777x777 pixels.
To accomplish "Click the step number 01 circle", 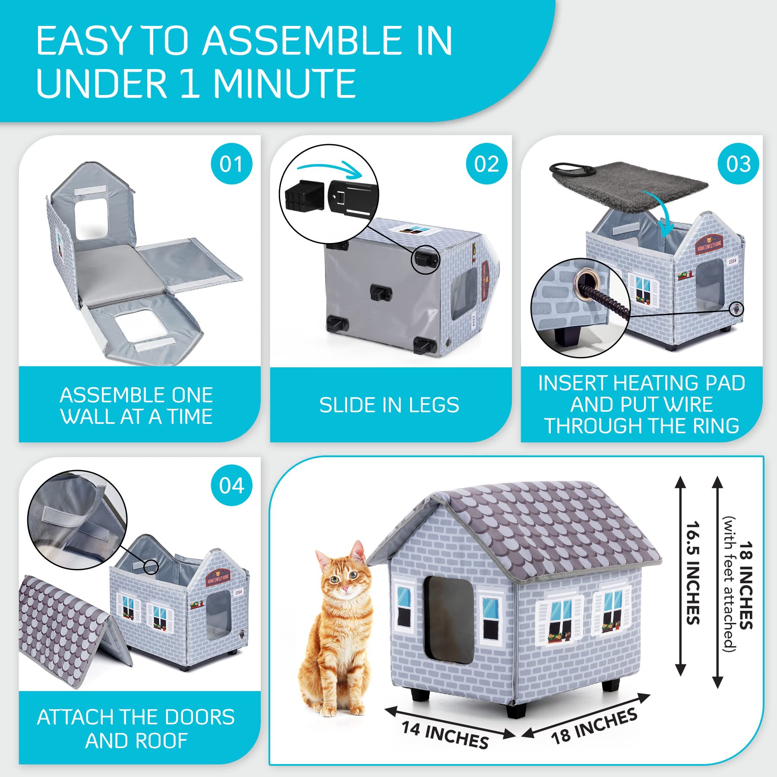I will (x=231, y=164).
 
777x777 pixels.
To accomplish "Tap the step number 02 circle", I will (x=486, y=164).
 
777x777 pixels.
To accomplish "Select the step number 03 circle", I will (x=738, y=164).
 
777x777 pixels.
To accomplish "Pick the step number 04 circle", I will (x=231, y=486).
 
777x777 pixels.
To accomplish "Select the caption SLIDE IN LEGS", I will (x=389, y=405).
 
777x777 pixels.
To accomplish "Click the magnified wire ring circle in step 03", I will (x=581, y=307).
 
